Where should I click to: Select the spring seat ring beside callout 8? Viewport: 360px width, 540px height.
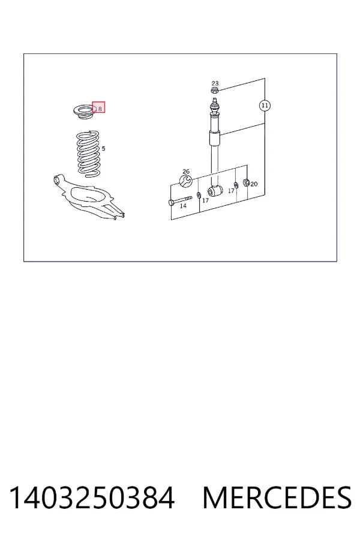(x=83, y=113)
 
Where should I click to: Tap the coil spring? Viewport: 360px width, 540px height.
(x=89, y=154)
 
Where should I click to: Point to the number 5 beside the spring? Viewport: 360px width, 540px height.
(x=103, y=149)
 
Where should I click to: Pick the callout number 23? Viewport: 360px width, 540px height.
(x=215, y=83)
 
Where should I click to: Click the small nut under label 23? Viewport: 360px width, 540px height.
(x=214, y=91)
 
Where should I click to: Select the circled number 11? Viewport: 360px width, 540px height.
(x=265, y=106)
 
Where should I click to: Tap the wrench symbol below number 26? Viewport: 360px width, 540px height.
(x=186, y=181)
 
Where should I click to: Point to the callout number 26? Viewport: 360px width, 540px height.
(x=186, y=171)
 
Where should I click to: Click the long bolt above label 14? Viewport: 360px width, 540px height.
(x=180, y=200)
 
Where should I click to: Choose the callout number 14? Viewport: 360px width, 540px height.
(x=183, y=206)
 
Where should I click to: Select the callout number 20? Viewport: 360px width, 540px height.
(x=254, y=184)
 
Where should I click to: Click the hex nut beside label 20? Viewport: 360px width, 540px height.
(x=247, y=182)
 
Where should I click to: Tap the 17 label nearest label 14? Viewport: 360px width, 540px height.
(x=205, y=200)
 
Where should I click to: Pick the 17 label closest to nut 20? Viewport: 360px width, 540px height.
(x=231, y=191)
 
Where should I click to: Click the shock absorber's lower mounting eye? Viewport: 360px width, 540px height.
(x=215, y=191)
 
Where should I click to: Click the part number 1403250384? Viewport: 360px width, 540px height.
(x=92, y=498)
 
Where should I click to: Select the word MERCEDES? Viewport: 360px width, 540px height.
(x=277, y=498)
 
